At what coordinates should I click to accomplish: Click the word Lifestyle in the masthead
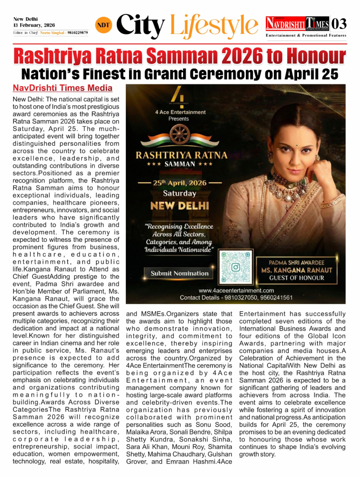214,25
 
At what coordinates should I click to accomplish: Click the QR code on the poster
236,267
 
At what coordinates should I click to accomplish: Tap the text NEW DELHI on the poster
179,205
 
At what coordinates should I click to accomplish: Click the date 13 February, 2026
34,25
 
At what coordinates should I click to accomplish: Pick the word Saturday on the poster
179,193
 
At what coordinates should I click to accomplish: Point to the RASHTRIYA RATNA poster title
182,155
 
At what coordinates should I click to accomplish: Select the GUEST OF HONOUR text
297,278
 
